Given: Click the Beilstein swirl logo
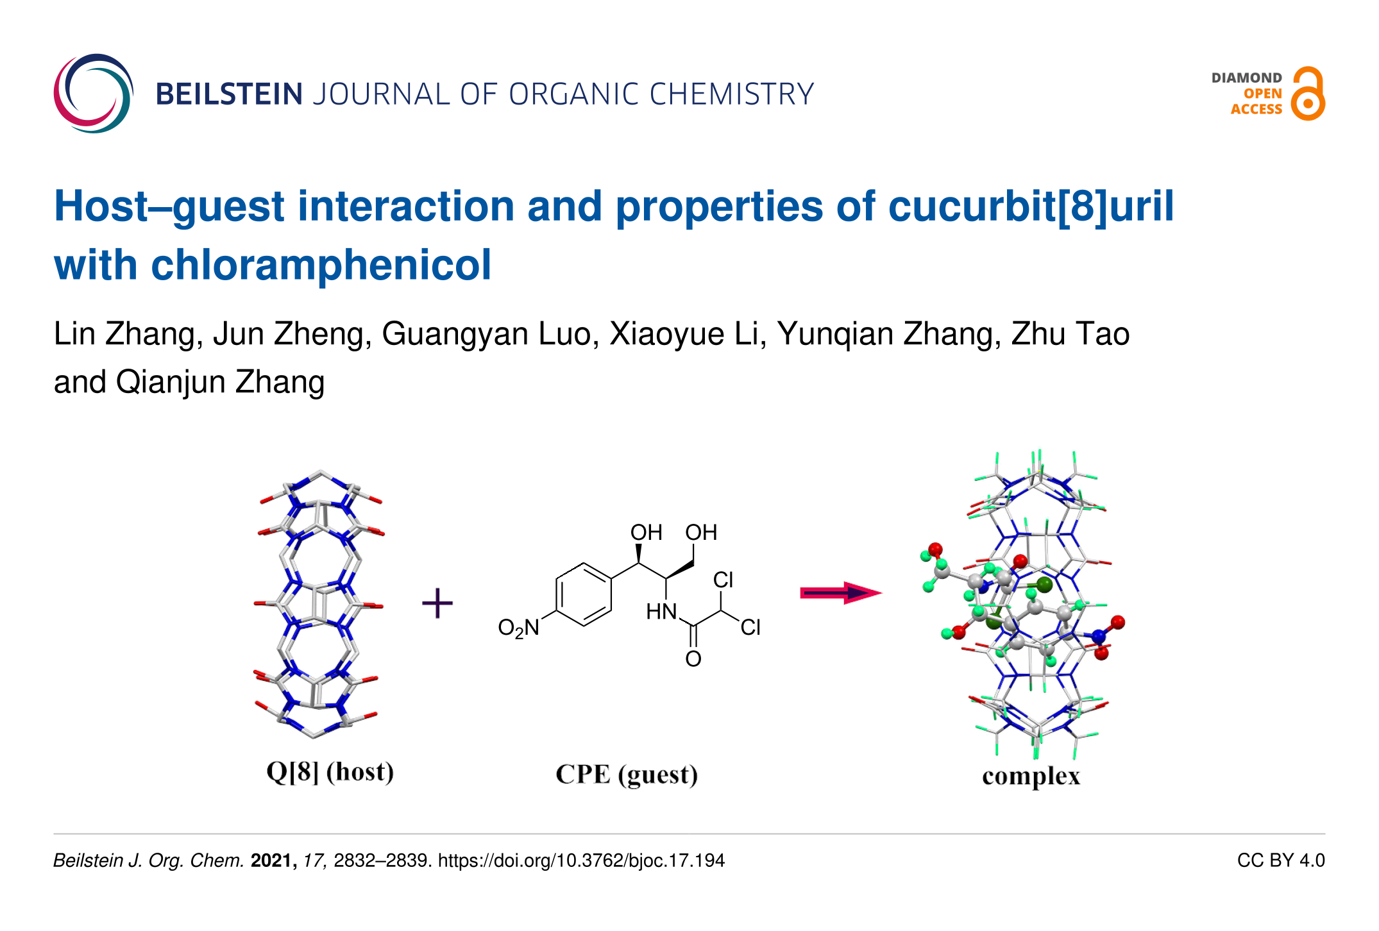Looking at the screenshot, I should click(94, 94).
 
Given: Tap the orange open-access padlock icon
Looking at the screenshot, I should click(1307, 94).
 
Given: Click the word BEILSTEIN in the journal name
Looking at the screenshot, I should click(229, 94).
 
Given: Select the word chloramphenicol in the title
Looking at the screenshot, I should click(321, 265).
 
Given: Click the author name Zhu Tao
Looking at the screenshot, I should click(1070, 334).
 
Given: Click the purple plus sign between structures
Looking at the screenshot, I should click(437, 603).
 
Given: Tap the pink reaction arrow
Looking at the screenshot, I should click(840, 593).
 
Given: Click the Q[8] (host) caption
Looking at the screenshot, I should click(330, 772).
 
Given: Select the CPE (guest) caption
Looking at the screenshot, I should click(627, 775).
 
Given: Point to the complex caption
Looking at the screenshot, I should click(1031, 776).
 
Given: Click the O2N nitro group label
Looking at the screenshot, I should click(519, 628).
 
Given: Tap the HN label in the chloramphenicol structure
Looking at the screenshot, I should click(661, 612).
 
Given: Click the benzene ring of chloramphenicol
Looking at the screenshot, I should click(584, 594).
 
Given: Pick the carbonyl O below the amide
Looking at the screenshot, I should click(693, 658).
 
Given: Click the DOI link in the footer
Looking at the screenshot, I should click(581, 860).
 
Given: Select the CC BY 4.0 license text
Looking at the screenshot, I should click(1280, 860).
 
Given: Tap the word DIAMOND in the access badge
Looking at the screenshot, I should click(1246, 78).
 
